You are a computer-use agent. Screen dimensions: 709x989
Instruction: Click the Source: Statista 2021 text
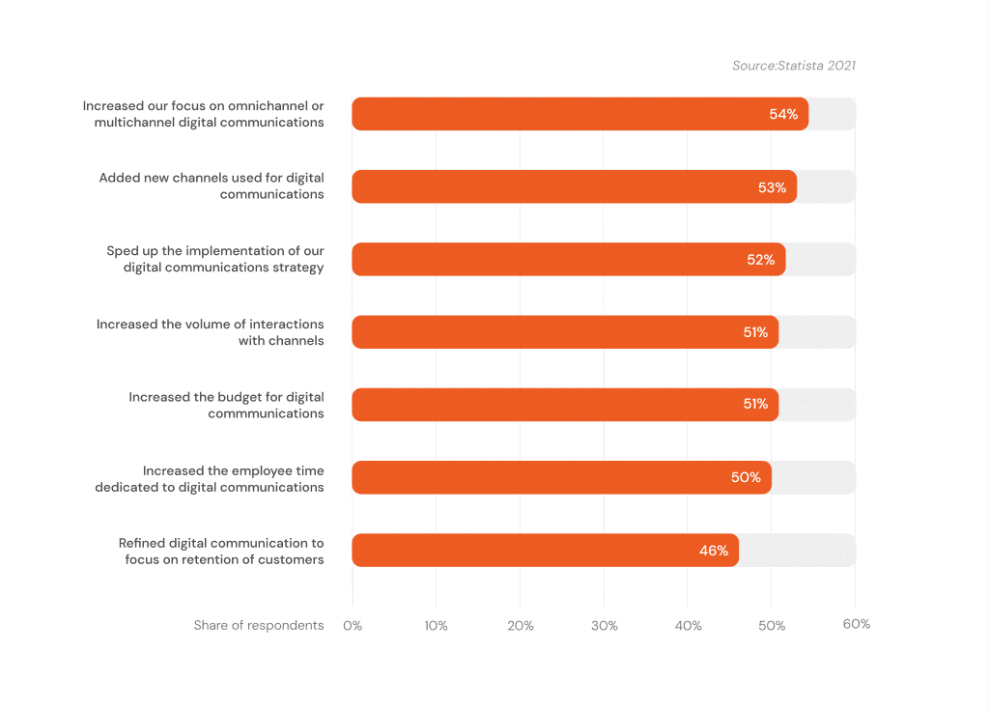pyautogui.click(x=794, y=66)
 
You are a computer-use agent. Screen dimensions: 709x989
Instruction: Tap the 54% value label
pyautogui.click(x=783, y=114)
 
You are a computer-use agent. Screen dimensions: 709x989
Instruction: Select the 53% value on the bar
pyautogui.click(x=772, y=187)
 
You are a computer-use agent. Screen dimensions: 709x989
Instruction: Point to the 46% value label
pyautogui.click(x=714, y=551)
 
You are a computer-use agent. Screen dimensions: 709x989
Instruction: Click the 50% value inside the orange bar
pyautogui.click(x=746, y=477)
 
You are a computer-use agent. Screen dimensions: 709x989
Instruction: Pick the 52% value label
pyautogui.click(x=760, y=260)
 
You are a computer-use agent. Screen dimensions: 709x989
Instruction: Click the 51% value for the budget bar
pyautogui.click(x=755, y=405)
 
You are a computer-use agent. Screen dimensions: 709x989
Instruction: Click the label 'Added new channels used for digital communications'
pyautogui.click(x=212, y=186)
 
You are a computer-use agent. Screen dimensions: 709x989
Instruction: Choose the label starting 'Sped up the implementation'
pyautogui.click(x=215, y=259)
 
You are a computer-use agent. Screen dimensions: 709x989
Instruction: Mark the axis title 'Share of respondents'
pyautogui.click(x=258, y=626)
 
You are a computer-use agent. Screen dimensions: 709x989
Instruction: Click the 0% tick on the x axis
pyautogui.click(x=353, y=626)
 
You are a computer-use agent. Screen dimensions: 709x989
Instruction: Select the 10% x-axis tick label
pyautogui.click(x=436, y=626)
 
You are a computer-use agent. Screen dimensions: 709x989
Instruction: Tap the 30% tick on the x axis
pyautogui.click(x=604, y=626)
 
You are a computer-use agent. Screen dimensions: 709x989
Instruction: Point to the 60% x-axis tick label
pyautogui.click(x=856, y=625)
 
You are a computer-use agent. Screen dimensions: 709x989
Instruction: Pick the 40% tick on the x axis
pyautogui.click(x=688, y=626)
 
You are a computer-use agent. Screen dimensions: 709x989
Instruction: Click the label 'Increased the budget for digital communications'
pyautogui.click(x=227, y=405)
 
